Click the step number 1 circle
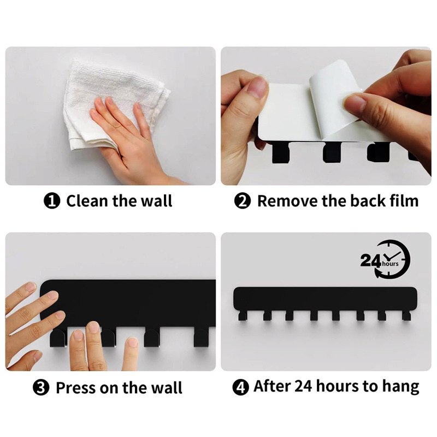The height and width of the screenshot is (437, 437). pyautogui.click(x=52, y=201)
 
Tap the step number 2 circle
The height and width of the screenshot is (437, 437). pyautogui.click(x=242, y=201)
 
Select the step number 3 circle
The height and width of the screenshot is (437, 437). pyautogui.click(x=41, y=387)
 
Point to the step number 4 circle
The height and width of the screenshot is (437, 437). pyautogui.click(x=240, y=387)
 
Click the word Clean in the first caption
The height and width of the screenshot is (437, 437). pyautogui.click(x=87, y=201)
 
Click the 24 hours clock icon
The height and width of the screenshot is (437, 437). pyautogui.click(x=386, y=259)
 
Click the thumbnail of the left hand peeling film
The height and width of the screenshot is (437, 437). pyautogui.click(x=257, y=87)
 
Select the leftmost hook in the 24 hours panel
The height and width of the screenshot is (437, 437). pyautogui.click(x=242, y=316)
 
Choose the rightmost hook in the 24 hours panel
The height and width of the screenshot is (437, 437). pyautogui.click(x=406, y=316)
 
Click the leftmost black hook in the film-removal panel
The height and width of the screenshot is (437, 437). pyautogui.click(x=281, y=153)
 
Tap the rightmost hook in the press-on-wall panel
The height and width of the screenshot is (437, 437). pyautogui.click(x=201, y=338)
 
